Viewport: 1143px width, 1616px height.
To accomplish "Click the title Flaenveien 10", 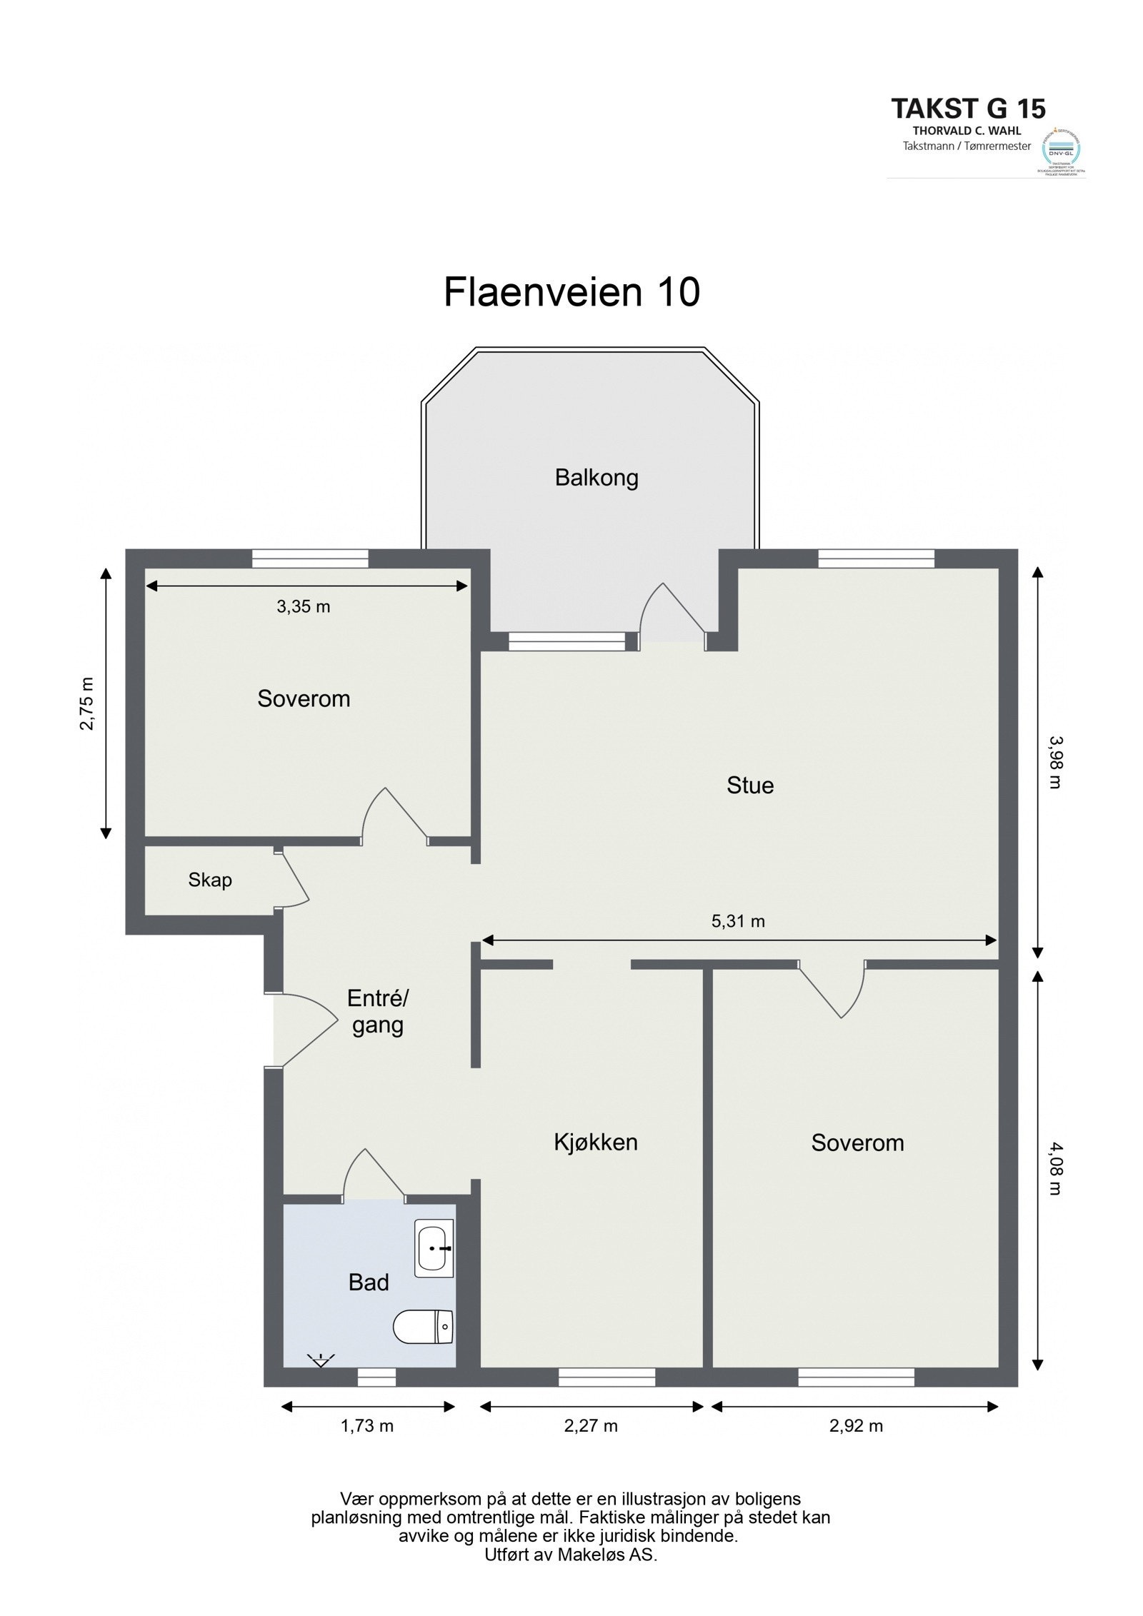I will coord(571,293).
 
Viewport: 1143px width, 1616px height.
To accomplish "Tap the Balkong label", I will coord(597,478).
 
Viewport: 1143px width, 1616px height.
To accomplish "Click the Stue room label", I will coord(750,786).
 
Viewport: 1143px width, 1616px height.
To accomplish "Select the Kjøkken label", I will coord(596,1143).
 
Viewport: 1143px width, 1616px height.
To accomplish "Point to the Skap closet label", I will coord(210,880).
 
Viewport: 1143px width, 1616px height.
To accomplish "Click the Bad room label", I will coord(369,1283).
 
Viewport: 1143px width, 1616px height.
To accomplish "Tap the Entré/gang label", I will coord(377,1012).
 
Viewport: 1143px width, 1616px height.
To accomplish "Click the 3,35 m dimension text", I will coord(304,607).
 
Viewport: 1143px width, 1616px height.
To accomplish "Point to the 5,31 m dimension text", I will coord(738,921).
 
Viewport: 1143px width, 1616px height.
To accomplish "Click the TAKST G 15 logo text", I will coord(968,109).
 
